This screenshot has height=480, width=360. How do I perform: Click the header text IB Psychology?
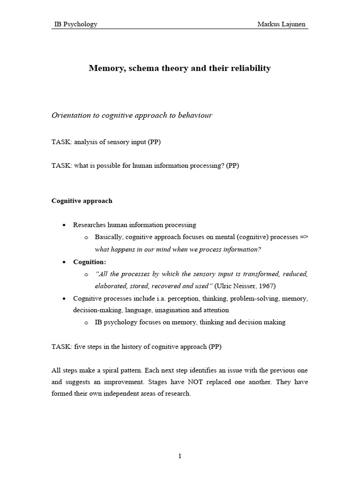[76, 24]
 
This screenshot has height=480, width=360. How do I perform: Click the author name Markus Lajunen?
[283, 24]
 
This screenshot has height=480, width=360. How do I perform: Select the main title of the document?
[180, 68]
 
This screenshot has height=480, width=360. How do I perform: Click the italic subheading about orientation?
[132, 115]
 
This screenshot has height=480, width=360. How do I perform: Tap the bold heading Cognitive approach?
[82, 201]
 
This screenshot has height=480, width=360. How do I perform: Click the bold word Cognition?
[90, 262]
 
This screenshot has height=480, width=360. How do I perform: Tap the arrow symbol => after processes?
[303, 237]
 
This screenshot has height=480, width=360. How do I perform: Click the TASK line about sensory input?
[106, 142]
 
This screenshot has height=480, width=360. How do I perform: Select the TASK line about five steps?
[136, 347]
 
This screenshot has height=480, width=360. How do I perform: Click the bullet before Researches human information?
[64, 225]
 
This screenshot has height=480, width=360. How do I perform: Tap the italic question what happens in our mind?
[178, 249]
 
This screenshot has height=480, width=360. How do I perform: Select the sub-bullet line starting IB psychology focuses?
[190, 322]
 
